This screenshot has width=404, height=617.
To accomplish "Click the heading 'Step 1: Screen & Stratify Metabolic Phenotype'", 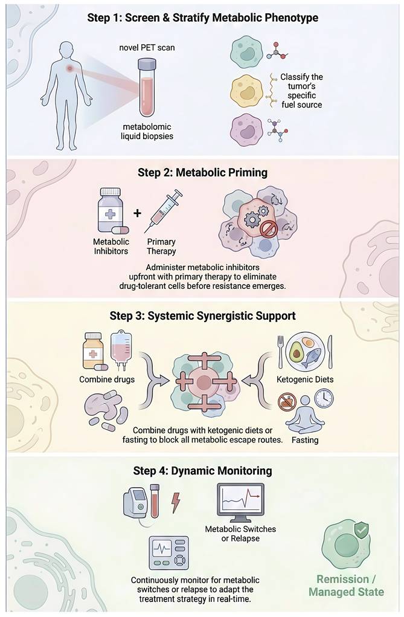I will point(202,18).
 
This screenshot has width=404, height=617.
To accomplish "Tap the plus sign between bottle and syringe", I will point(138,213).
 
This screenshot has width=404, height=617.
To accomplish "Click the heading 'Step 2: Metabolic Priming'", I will point(202,172).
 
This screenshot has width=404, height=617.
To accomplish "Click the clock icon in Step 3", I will point(324,398).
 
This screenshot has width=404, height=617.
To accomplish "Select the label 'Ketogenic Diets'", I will point(304,380).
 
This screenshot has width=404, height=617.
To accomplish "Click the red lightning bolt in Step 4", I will point(176,503).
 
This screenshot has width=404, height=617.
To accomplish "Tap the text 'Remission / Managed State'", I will point(346,584).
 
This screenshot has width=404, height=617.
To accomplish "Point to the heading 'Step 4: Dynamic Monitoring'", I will point(202,470).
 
